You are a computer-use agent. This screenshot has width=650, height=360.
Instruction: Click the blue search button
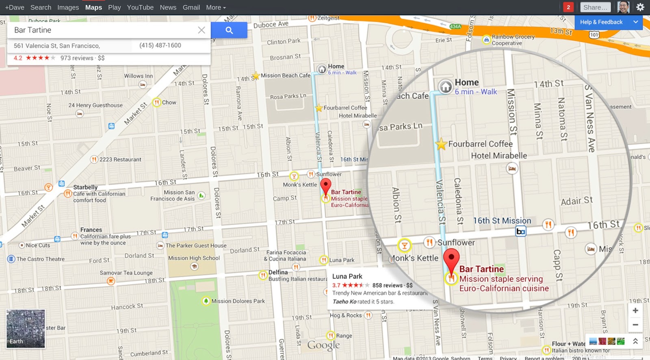229,30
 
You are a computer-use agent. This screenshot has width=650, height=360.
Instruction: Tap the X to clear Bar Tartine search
201,30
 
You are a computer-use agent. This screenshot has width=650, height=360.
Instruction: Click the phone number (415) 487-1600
160,46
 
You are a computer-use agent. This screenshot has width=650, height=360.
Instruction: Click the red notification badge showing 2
568,7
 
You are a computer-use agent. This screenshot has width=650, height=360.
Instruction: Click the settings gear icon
640,7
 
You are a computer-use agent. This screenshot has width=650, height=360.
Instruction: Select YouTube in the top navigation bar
140,7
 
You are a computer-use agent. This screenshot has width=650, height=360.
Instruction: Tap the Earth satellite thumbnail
26,329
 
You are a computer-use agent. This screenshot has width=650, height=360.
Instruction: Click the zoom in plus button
635,310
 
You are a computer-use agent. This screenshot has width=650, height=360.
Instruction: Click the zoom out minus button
635,325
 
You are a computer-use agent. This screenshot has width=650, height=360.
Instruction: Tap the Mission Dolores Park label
238,301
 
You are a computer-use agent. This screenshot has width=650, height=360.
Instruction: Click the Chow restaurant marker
157,102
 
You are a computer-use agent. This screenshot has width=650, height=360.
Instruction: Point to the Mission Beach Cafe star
256,76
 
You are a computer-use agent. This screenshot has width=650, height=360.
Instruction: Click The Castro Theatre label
40,259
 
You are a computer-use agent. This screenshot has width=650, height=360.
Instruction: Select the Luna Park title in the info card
347,276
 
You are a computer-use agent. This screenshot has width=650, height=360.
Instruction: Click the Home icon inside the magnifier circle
446,86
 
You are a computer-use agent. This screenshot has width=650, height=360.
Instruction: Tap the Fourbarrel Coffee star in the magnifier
441,144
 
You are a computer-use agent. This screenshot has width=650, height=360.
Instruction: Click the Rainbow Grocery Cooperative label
513,40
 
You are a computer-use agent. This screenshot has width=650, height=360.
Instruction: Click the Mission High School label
194,258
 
